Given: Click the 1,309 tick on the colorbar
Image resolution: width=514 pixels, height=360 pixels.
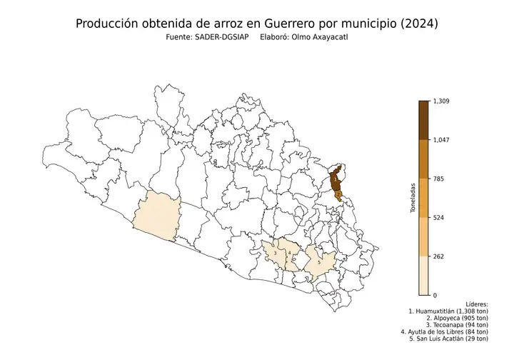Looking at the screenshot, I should [x=441, y=101].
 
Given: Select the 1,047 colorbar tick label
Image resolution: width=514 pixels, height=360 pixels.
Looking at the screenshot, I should [x=441, y=140].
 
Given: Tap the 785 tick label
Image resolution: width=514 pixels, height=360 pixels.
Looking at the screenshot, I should [x=438, y=179].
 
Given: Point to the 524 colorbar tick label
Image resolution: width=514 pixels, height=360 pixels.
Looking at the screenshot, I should [x=438, y=217].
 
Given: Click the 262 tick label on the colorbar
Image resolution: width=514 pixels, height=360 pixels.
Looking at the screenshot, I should [x=438, y=256].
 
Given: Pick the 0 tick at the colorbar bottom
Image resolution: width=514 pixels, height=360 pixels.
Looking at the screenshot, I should [x=435, y=294].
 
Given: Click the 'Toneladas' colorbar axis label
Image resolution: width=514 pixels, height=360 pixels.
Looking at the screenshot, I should [x=413, y=198].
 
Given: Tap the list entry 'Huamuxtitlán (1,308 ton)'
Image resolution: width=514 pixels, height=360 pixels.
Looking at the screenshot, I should [x=448, y=312].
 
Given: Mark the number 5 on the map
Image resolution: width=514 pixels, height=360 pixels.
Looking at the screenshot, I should [x=318, y=262].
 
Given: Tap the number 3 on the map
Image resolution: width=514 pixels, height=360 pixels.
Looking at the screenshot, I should [x=276, y=253].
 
